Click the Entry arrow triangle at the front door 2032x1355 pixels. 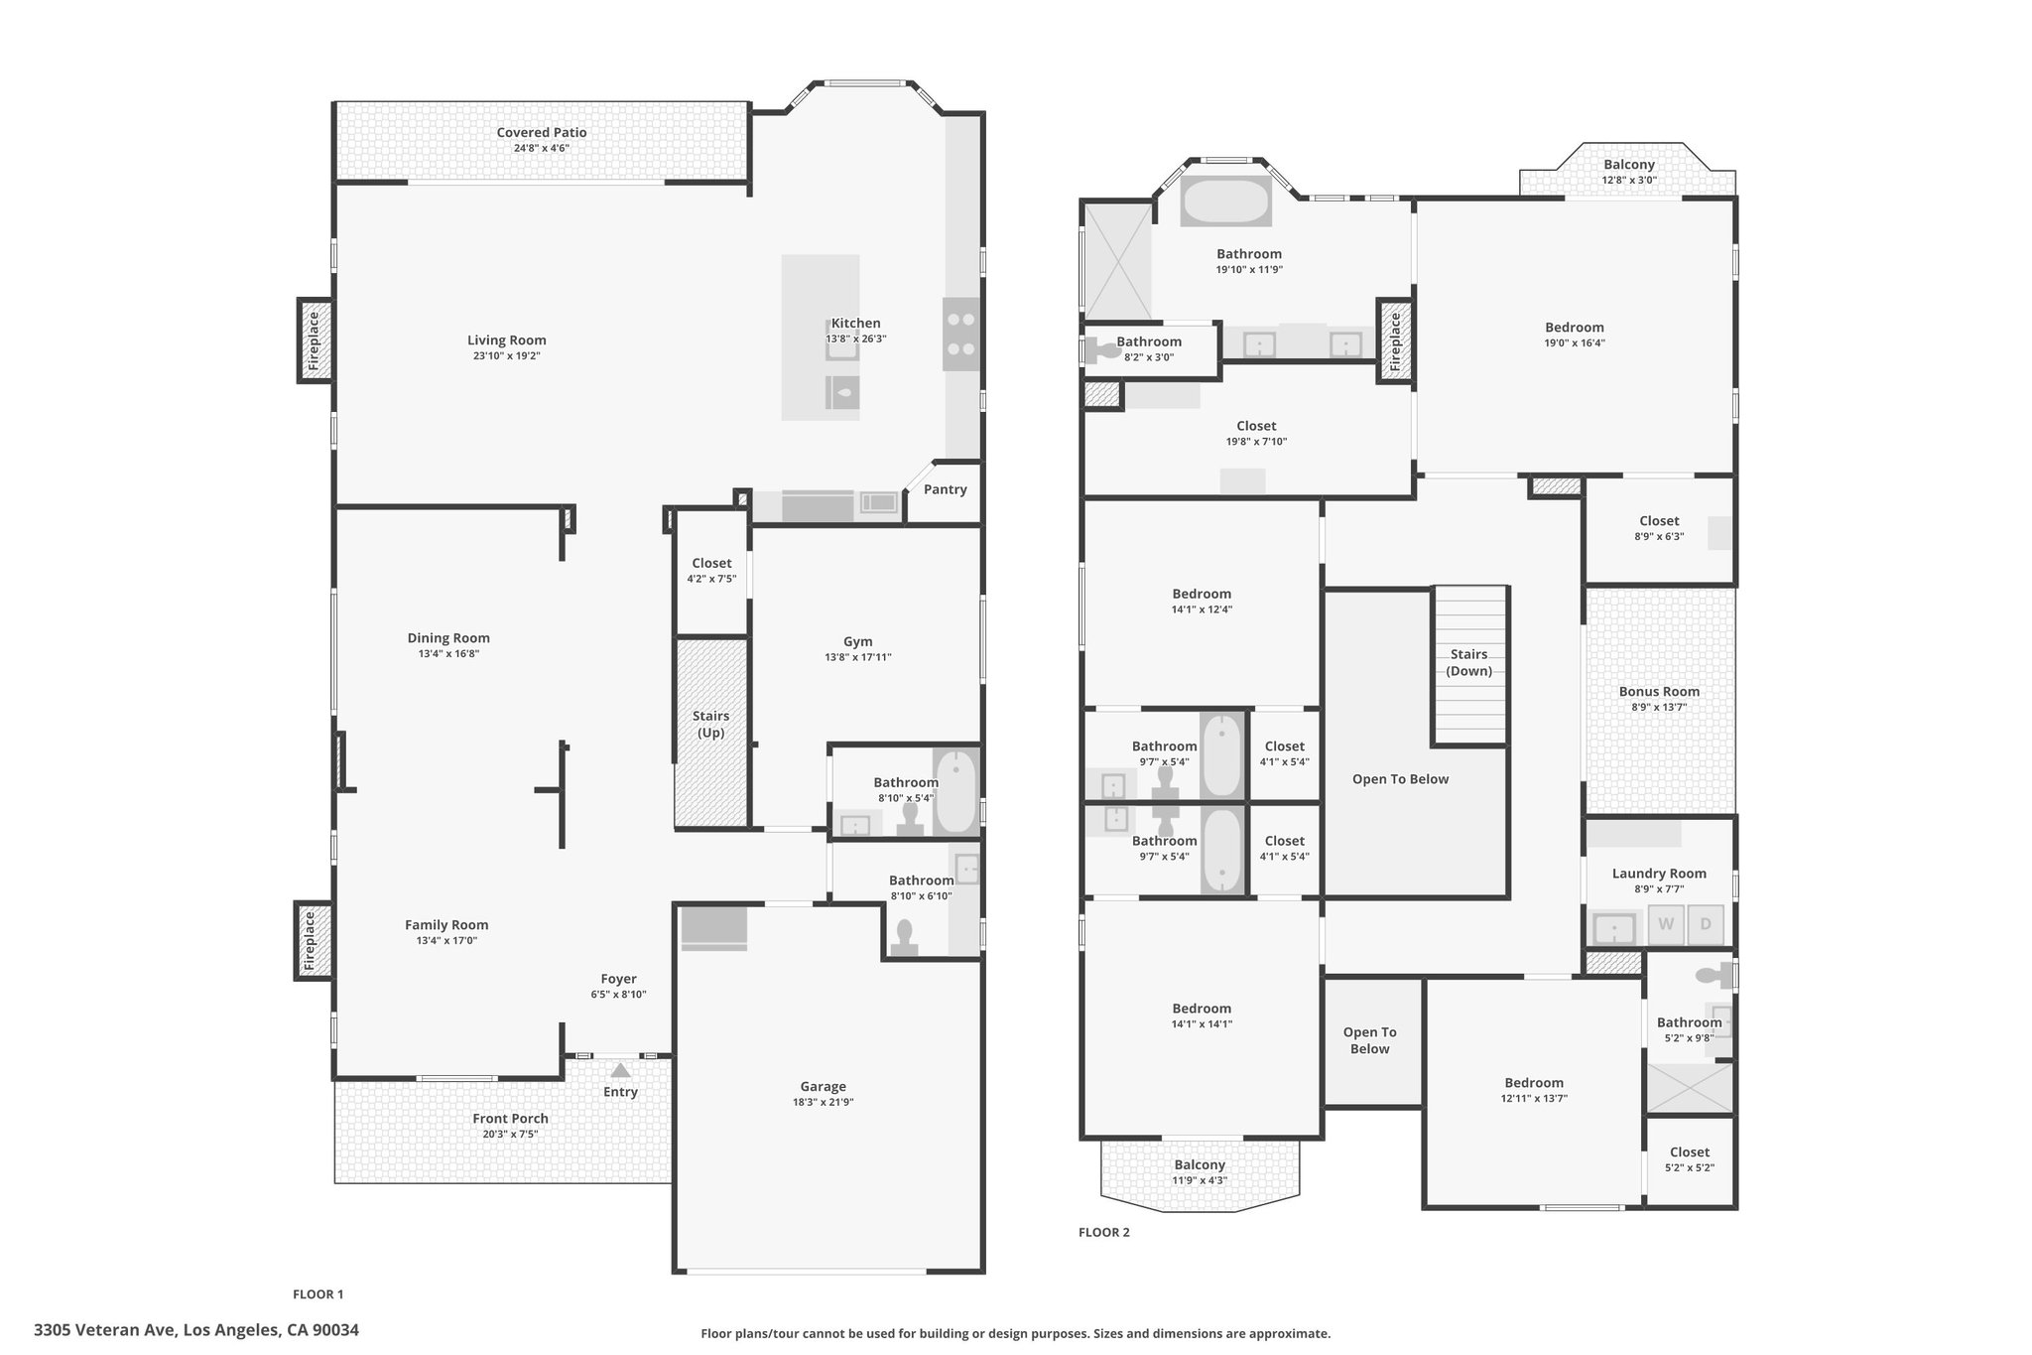pyautogui.click(x=620, y=1070)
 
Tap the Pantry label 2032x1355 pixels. pyautogui.click(x=945, y=489)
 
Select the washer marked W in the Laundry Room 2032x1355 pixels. pyautogui.click(x=1666, y=924)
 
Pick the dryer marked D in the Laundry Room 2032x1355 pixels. pyautogui.click(x=1706, y=924)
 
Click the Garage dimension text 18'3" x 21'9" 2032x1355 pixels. pyautogui.click(x=824, y=1102)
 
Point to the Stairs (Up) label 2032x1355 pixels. pyautogui.click(x=710, y=725)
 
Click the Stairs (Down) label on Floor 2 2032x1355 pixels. pyautogui.click(x=1468, y=662)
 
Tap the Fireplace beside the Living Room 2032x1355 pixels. pyautogui.click(x=315, y=340)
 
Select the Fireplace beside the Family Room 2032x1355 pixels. pyautogui.click(x=312, y=940)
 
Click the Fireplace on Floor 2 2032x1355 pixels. pyautogui.click(x=1394, y=340)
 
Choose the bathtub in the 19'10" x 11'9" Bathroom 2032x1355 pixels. pyautogui.click(x=1226, y=202)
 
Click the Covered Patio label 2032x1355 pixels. pyautogui.click(x=542, y=132)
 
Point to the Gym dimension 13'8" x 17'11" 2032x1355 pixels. pyautogui.click(x=858, y=657)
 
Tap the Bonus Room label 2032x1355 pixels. pyautogui.click(x=1659, y=692)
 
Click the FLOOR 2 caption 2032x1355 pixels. pyautogui.click(x=1104, y=1232)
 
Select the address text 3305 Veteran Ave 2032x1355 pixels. pyautogui.click(x=105, y=1329)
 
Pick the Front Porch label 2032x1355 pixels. pyautogui.click(x=510, y=1118)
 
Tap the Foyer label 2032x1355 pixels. pyautogui.click(x=618, y=979)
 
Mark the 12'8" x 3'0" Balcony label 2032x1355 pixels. pyautogui.click(x=1629, y=165)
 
